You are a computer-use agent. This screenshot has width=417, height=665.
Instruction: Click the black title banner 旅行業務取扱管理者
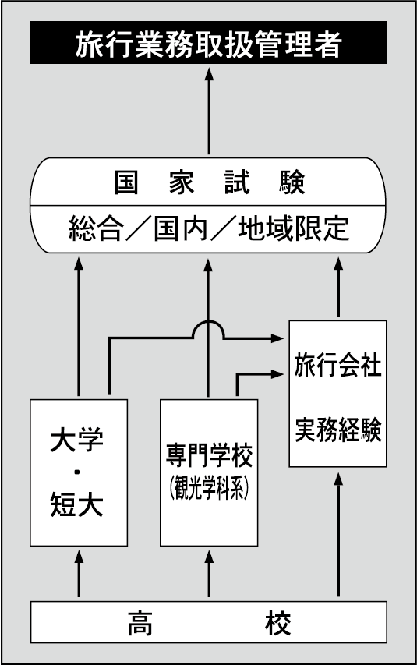[x=208, y=44]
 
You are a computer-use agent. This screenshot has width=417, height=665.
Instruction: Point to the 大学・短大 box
[x=78, y=472]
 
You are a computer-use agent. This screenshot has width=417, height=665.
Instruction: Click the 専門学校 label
[x=208, y=454]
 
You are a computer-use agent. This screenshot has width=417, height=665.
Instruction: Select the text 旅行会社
[x=337, y=366]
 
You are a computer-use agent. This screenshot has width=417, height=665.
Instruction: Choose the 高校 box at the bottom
[x=208, y=624]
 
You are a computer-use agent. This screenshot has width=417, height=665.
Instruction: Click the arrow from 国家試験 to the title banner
[x=208, y=109]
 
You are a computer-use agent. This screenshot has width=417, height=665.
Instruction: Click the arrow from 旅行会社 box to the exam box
[x=338, y=288]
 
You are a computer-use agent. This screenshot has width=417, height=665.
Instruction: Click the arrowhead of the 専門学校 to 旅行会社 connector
[x=277, y=374]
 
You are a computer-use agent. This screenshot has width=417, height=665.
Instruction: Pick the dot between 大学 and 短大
[x=78, y=472]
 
